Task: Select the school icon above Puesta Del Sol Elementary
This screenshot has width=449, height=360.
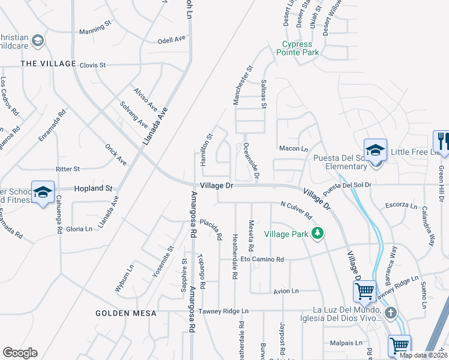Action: point(375,149)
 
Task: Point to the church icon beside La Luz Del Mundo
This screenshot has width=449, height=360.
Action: point(390,313)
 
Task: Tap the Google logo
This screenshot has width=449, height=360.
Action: point(20,353)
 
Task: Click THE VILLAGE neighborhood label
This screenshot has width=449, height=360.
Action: point(48,64)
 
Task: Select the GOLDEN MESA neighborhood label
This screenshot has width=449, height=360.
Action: point(126,313)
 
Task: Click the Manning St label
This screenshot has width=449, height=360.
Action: point(95,28)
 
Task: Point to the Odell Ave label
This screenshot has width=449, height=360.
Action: point(172,40)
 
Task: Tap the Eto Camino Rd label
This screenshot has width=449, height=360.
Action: point(262,260)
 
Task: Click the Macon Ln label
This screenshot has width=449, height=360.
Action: point(293,149)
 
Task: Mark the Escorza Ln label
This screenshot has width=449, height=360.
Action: point(402,206)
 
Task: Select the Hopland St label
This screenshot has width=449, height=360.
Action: point(93,188)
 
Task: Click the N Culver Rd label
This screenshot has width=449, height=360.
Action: point(297,210)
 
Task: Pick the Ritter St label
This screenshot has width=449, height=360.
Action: point(68,169)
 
